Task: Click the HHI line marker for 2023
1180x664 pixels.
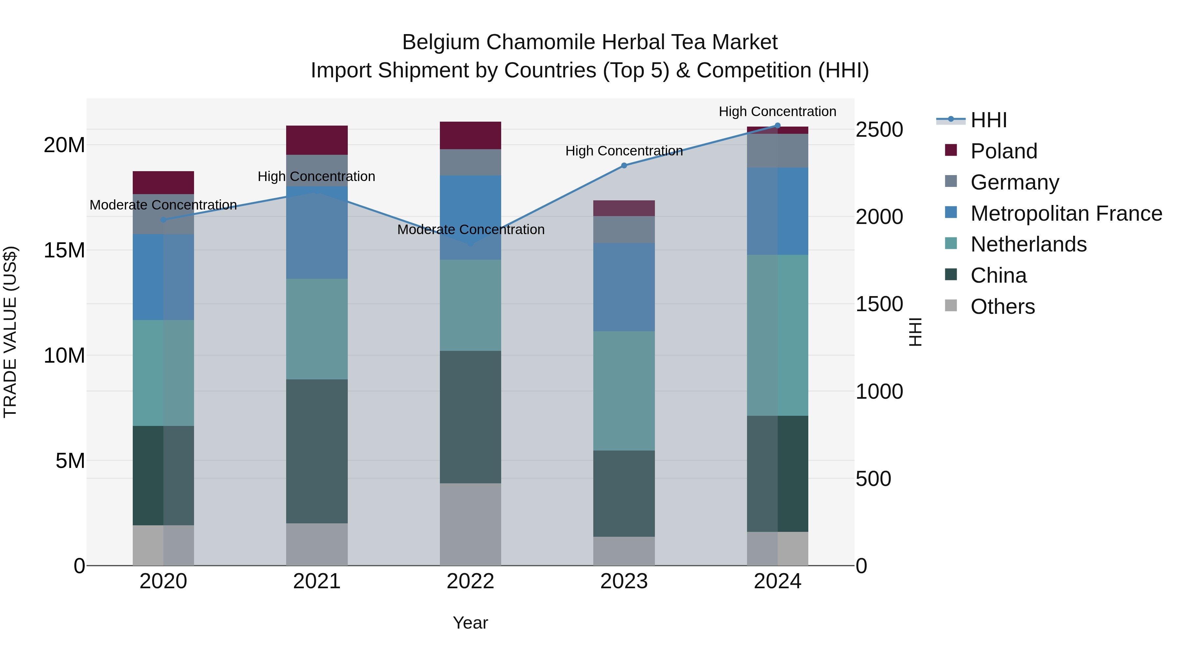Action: pos(623,166)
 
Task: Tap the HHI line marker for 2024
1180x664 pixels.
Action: pos(777,126)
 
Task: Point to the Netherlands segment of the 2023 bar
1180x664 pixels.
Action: pos(623,391)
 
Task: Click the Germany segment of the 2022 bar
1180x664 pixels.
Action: pos(470,162)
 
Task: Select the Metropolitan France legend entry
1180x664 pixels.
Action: pos(1066,213)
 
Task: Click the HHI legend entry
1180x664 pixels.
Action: pos(989,120)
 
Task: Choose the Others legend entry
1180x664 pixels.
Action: pos(1002,307)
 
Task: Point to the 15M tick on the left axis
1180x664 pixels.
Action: pos(64,250)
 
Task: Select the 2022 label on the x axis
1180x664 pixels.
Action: pos(470,581)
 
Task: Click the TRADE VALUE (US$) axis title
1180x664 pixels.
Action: pos(10,332)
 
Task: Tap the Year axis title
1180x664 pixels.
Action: pos(470,623)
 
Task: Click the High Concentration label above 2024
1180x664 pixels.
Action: pos(777,111)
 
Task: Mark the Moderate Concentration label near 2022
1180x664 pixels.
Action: pos(470,229)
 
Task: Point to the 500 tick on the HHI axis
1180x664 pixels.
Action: pos(873,479)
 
